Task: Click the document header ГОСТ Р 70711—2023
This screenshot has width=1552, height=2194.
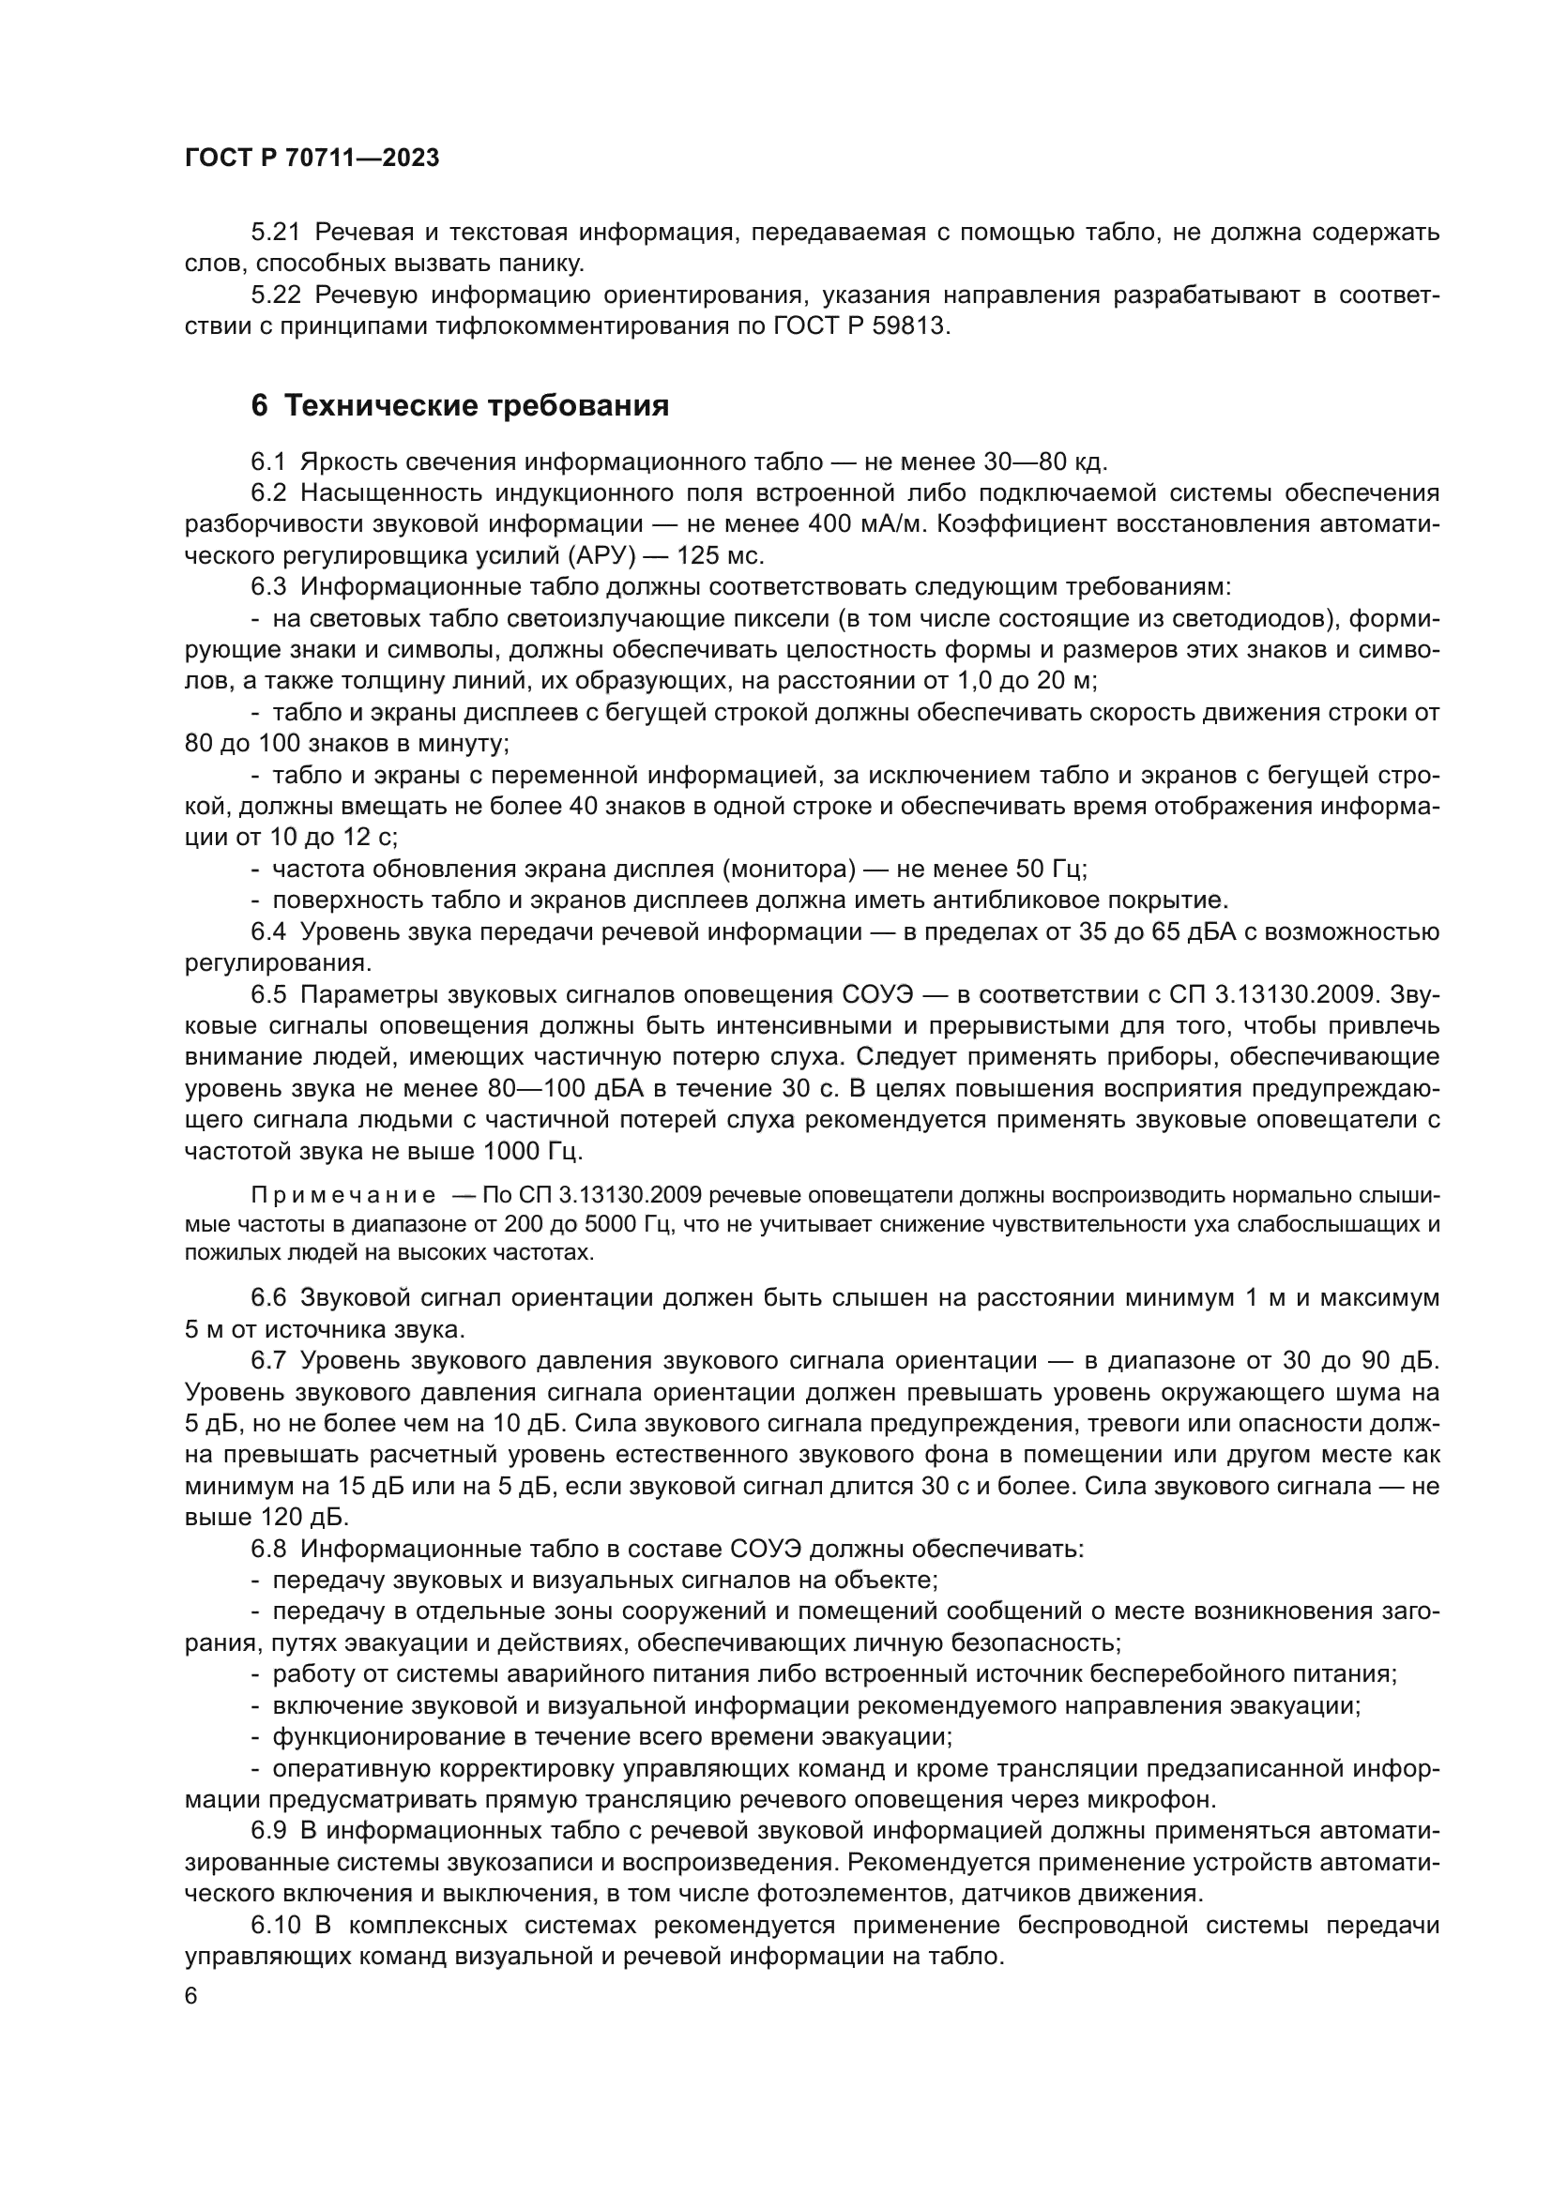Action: (x=312, y=159)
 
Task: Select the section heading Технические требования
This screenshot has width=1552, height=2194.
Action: (x=477, y=406)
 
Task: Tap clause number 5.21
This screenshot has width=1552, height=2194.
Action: (x=275, y=233)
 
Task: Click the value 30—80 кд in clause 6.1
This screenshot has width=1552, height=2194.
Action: (x=1043, y=462)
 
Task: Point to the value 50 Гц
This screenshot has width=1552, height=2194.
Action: (x=1046, y=869)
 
